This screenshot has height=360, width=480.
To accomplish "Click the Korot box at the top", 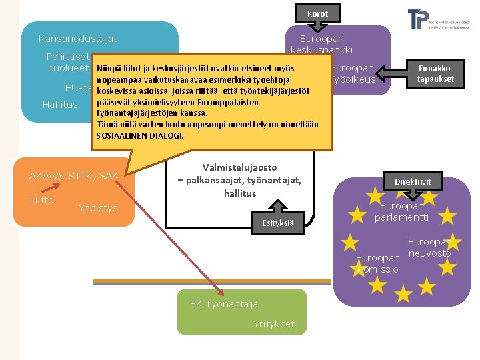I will pyautogui.click(x=317, y=13).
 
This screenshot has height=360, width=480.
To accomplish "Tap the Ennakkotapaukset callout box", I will pyautogui.click(x=436, y=74).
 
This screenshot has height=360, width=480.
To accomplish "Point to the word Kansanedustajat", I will pyautogui.click(x=78, y=39).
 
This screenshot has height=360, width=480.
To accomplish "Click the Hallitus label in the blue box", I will pyautogui.click(x=60, y=105).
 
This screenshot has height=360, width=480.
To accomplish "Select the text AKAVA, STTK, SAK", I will pyautogui.click(x=73, y=176).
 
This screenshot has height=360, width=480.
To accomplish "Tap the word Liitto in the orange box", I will pyautogui.click(x=41, y=200).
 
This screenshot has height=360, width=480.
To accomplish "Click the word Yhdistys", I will pyautogui.click(x=97, y=208).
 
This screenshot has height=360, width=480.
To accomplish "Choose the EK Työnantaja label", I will pyautogui.click(x=223, y=305).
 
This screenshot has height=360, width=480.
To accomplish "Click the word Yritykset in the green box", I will pyautogui.click(x=273, y=324).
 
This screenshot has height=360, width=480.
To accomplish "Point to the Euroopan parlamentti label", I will pyautogui.click(x=401, y=212).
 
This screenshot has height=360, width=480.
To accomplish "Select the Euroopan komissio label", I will pyautogui.click(x=378, y=264).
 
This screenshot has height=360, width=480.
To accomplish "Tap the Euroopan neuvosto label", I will pyautogui.click(x=429, y=248).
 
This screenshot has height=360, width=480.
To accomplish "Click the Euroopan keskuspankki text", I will pyautogui.click(x=321, y=45).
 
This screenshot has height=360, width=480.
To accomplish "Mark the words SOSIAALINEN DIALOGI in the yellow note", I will pyautogui.click(x=139, y=135).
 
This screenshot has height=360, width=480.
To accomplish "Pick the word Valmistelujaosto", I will pyautogui.click(x=239, y=167).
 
